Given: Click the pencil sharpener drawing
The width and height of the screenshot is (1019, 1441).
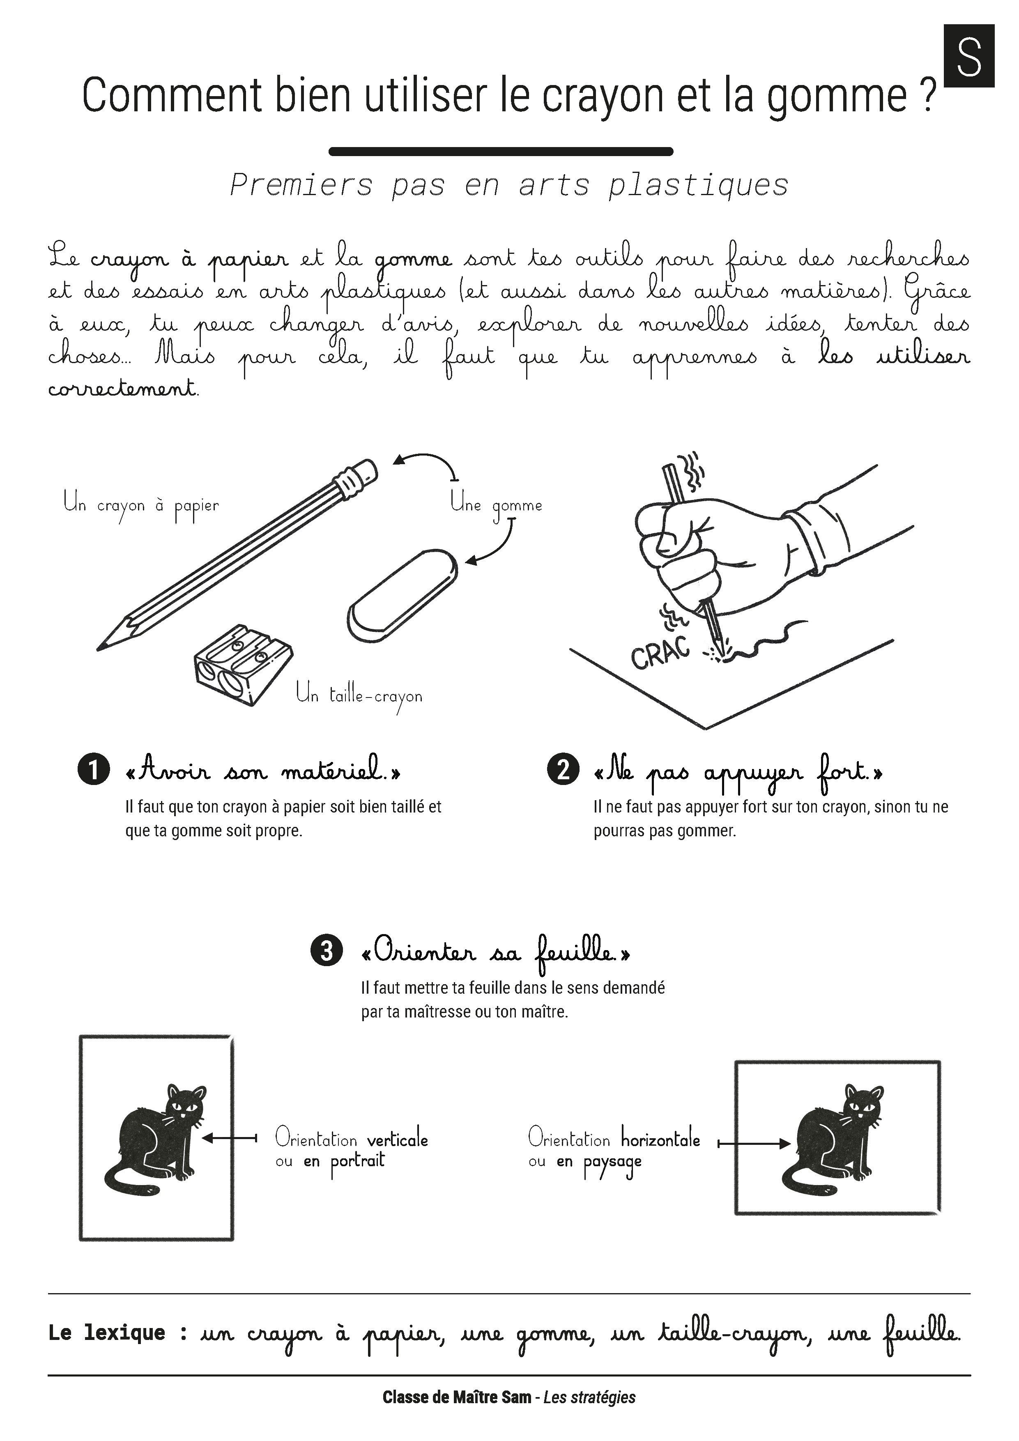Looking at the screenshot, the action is click(x=242, y=665).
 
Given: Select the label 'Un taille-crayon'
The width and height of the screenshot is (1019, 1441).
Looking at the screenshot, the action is click(x=359, y=697).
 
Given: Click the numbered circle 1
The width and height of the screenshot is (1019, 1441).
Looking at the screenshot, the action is click(x=94, y=769).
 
